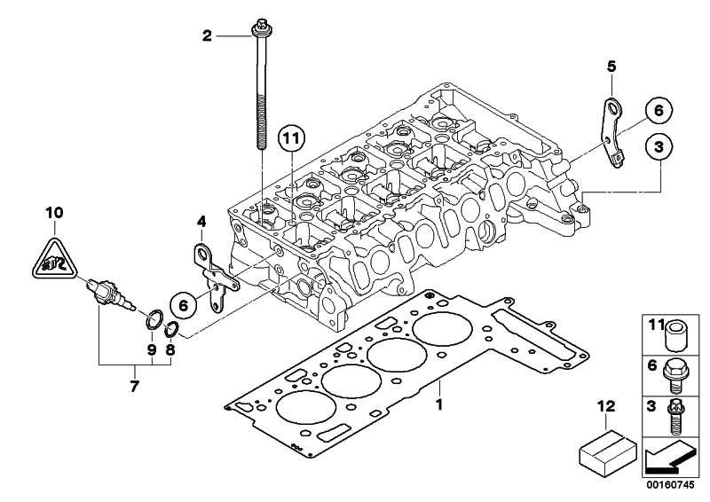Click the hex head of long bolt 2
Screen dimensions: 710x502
click(x=262, y=28)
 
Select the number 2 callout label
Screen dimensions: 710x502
click(x=207, y=35)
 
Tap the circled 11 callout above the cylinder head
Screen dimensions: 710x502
click(x=292, y=137)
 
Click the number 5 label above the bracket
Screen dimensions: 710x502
click(x=611, y=67)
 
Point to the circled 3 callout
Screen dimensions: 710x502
click(x=659, y=146)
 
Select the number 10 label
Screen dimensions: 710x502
click(x=54, y=212)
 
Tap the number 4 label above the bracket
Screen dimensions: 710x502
click(x=201, y=222)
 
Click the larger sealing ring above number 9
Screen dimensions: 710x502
click(x=154, y=319)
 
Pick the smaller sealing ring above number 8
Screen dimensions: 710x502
click(x=170, y=330)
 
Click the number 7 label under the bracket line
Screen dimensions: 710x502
click(x=134, y=387)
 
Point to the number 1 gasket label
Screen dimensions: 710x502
click(x=438, y=404)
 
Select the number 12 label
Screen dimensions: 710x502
click(x=606, y=406)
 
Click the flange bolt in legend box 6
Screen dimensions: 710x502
click(x=675, y=377)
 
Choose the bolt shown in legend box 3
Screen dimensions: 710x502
click(x=675, y=418)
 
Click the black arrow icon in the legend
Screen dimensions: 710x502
click(x=669, y=460)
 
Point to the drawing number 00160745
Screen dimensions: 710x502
click(x=671, y=485)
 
